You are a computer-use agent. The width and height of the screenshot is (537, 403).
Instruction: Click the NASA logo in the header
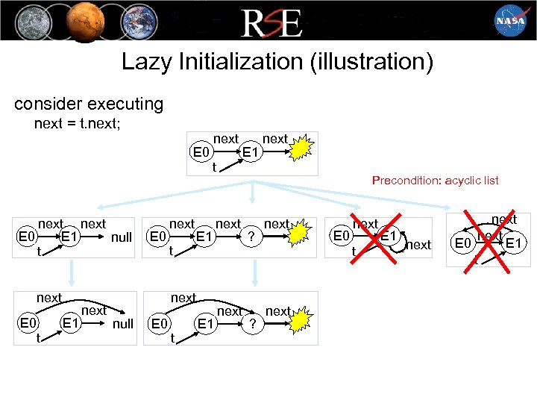510,21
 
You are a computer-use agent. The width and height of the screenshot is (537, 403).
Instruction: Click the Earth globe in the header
134,20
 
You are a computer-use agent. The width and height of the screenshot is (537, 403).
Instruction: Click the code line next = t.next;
78,124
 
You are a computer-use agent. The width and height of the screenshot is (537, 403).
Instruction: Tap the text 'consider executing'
88,103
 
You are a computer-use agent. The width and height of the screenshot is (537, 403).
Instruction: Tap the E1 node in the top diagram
251,153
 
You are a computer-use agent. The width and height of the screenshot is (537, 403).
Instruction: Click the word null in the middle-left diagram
121,237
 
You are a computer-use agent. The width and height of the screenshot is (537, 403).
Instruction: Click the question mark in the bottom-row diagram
254,325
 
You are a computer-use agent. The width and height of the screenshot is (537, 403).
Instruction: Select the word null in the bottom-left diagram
123,324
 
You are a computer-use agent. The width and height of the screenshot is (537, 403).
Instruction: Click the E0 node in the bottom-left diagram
27,324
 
